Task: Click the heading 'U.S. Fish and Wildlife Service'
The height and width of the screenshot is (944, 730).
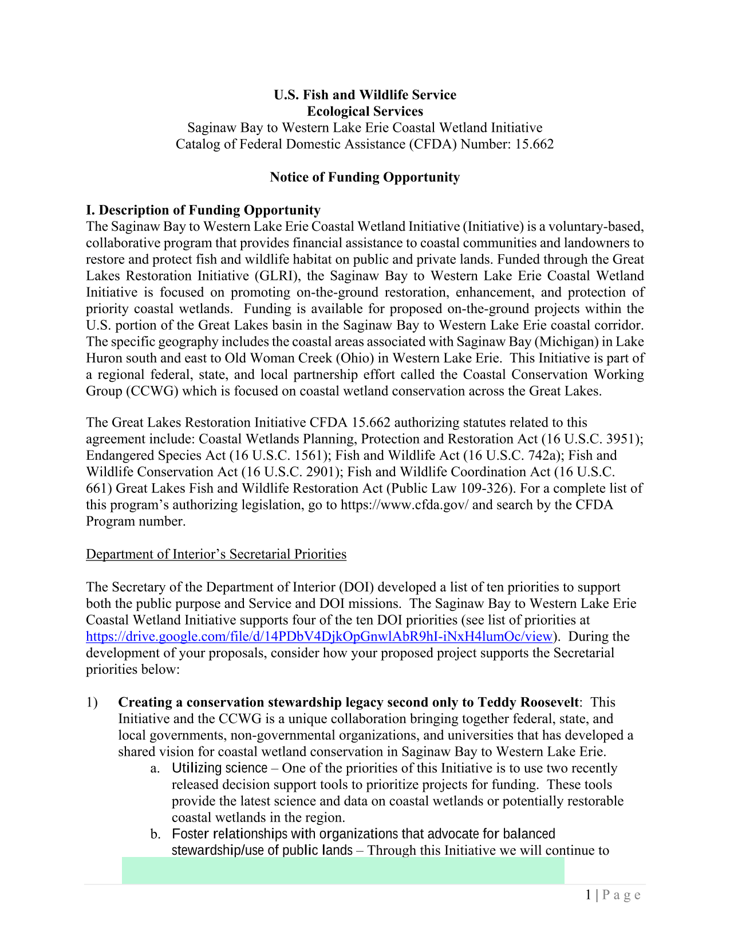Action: point(365,95)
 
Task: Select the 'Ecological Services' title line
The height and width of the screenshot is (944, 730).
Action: point(365,112)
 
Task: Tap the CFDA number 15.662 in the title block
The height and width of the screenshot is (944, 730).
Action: point(534,144)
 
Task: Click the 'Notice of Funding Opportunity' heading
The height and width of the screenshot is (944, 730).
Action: point(365,177)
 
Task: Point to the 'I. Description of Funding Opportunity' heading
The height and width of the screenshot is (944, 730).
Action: point(203,210)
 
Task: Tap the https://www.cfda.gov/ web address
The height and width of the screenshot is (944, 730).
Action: point(404,505)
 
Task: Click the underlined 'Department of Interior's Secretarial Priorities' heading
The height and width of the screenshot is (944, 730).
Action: point(216,554)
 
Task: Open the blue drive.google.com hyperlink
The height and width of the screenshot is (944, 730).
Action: point(319,637)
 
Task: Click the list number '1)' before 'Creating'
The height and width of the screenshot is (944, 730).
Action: point(92,702)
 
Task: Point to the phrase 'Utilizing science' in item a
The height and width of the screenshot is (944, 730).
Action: point(220,768)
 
